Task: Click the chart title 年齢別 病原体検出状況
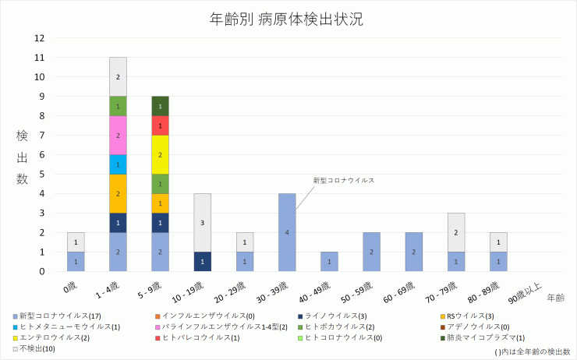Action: click(287, 19)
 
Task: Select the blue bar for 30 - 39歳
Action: click(287, 232)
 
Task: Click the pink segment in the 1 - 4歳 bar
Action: click(118, 135)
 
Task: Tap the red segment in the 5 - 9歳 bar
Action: click(160, 125)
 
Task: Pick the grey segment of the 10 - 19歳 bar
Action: click(202, 222)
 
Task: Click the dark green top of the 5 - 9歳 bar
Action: click(160, 106)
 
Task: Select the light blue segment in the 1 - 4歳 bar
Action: click(118, 164)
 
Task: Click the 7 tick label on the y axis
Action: click(41, 136)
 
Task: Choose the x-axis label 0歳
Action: click(71, 286)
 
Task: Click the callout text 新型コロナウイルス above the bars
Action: click(344, 180)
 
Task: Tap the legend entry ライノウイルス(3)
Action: click(341, 316)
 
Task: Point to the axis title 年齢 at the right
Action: click(555, 298)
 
